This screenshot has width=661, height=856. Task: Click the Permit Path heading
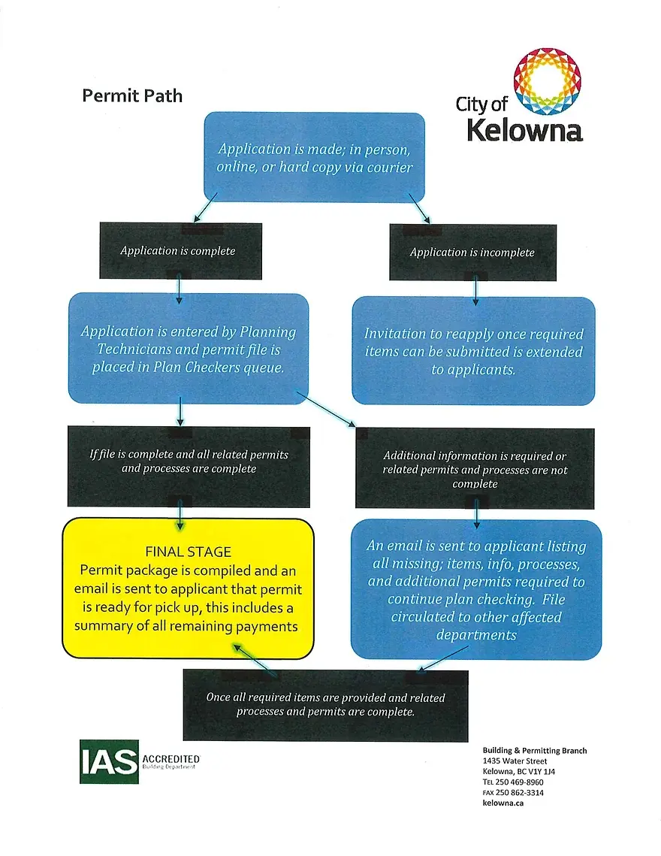[x=131, y=95]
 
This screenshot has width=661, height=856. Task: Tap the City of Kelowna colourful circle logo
[x=548, y=82]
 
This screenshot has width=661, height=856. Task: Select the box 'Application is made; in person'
[x=314, y=158]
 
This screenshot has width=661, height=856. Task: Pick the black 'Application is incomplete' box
[x=472, y=253]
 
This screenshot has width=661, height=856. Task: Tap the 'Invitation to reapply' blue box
[x=473, y=351]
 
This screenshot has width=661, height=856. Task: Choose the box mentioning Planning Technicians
[x=189, y=349]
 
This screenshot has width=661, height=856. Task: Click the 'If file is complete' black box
[x=189, y=461]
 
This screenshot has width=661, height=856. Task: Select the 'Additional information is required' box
[x=475, y=469]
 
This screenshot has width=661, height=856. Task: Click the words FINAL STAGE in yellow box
[x=188, y=552]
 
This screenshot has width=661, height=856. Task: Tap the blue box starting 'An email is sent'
[x=476, y=590]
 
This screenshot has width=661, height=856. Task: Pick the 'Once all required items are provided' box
[x=325, y=704]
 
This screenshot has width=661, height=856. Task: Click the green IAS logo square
[x=109, y=761]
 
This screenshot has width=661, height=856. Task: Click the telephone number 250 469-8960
[x=519, y=782]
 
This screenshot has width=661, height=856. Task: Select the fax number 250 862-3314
[x=519, y=792]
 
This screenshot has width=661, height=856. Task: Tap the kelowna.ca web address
[x=503, y=803]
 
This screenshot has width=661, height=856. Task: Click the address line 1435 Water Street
[x=515, y=761]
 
